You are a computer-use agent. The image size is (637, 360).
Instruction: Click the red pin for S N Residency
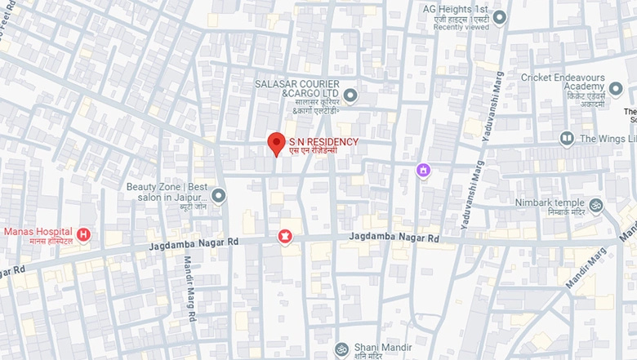click(x=276, y=143)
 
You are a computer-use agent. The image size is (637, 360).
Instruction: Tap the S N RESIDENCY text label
click(x=323, y=142)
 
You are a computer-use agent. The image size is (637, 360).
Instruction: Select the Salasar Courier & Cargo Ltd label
click(x=294, y=90)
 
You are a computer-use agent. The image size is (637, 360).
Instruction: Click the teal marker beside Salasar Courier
click(x=350, y=96)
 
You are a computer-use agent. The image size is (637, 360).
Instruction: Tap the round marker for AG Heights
click(x=499, y=17)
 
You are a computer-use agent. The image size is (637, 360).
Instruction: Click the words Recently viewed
click(x=461, y=28)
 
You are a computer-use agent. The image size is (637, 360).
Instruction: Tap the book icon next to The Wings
click(x=567, y=139)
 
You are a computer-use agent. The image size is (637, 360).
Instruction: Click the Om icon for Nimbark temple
click(x=596, y=205)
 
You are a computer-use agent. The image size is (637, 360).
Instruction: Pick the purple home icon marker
click(x=422, y=170)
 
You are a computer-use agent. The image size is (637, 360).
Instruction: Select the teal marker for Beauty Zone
click(x=218, y=195)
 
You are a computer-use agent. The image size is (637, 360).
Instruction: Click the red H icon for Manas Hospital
click(x=83, y=235)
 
